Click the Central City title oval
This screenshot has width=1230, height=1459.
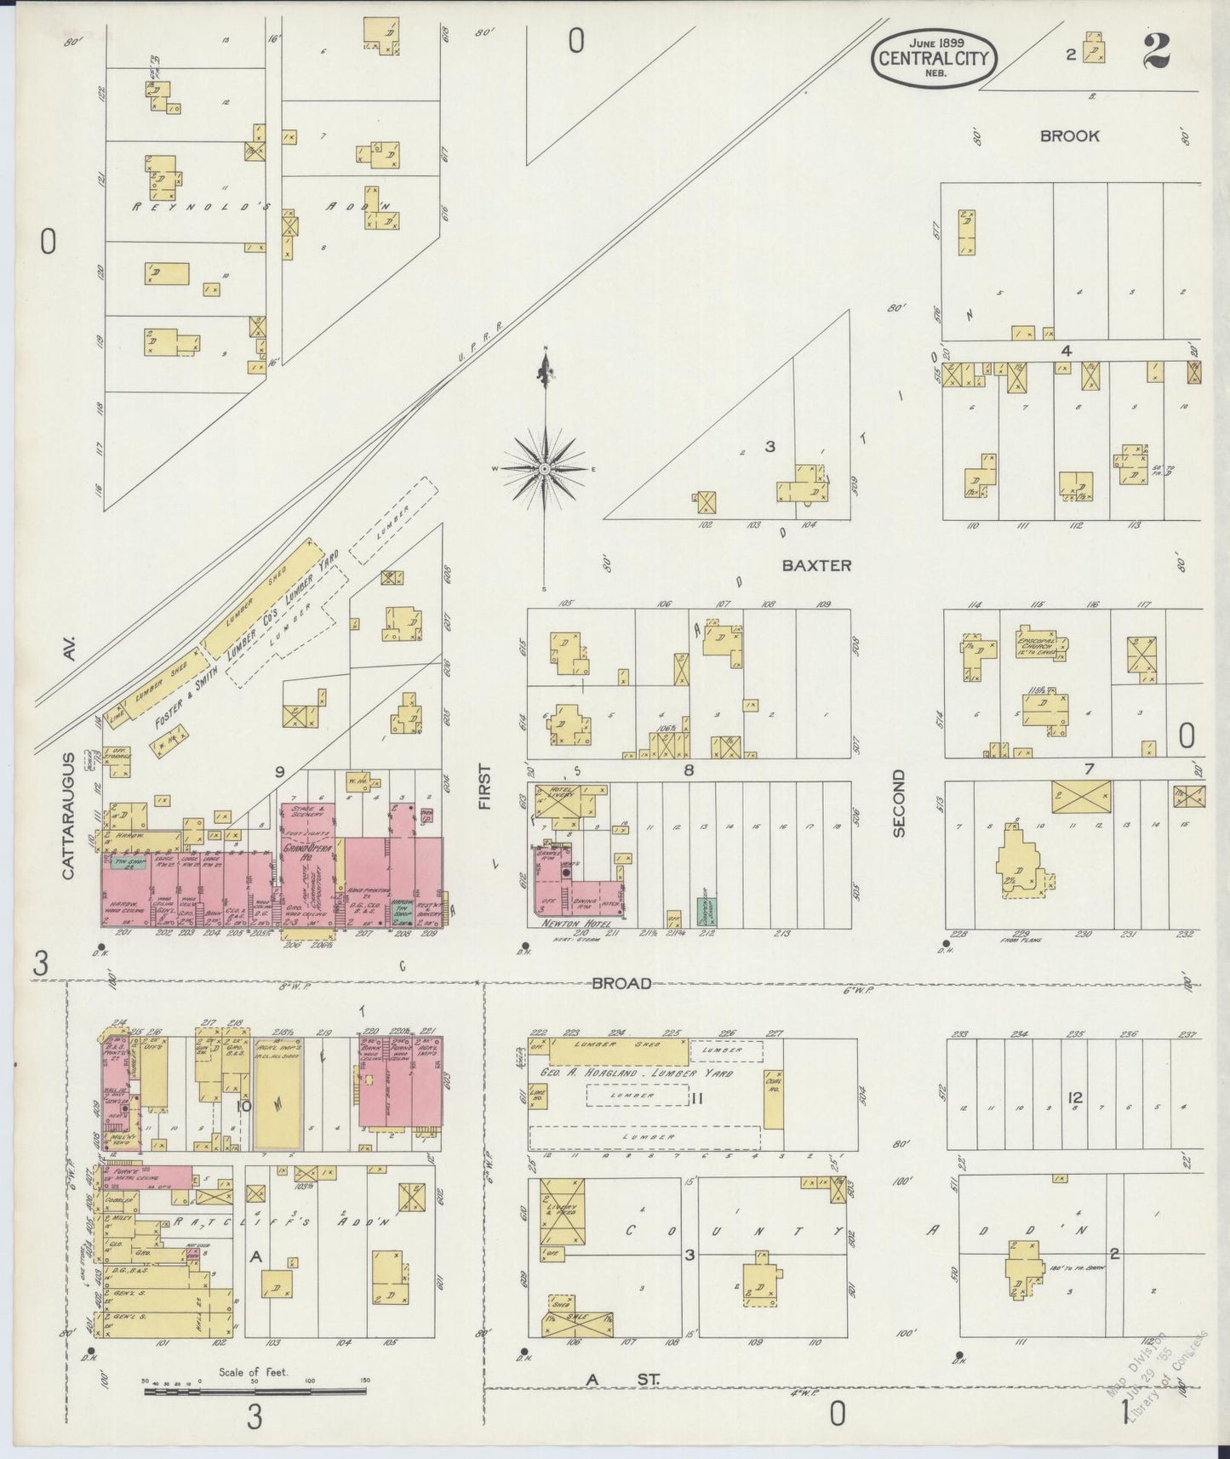tap(934, 58)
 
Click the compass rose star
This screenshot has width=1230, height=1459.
tap(544, 469)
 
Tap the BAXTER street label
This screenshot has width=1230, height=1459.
tap(816, 565)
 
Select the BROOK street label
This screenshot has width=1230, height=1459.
tap(1069, 136)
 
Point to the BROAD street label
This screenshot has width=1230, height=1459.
tap(621, 983)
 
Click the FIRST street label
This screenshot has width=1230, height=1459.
tap(485, 787)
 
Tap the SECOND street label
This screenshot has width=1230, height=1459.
tap(899, 804)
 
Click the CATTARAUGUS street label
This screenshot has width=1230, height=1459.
tap(68, 815)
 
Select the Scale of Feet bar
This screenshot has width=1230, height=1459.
tap(255, 1391)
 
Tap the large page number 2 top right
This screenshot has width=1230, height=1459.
tap(1156, 53)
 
